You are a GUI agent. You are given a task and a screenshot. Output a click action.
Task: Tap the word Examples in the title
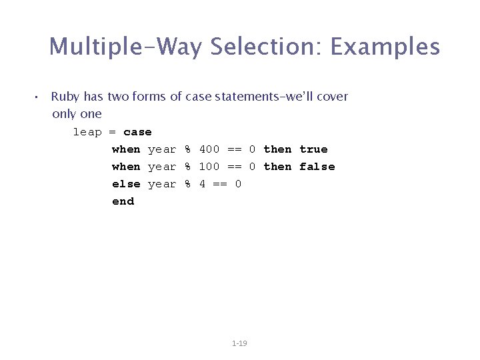pyautogui.click(x=385, y=47)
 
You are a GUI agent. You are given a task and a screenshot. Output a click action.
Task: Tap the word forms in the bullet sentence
pyautogui.click(x=149, y=97)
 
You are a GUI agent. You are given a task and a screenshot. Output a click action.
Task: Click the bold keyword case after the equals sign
pyautogui.click(x=137, y=132)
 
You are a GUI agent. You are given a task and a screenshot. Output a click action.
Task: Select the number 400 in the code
pyautogui.click(x=209, y=149)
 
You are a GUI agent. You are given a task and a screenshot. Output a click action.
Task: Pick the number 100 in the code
pyautogui.click(x=209, y=167)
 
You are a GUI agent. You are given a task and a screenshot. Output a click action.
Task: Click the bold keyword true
pyautogui.click(x=313, y=149)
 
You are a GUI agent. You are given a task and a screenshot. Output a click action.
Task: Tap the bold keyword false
pyautogui.click(x=317, y=167)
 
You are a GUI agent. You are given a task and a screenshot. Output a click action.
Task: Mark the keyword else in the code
pyautogui.click(x=126, y=184)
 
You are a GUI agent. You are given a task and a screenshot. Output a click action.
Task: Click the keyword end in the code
pyautogui.click(x=123, y=201)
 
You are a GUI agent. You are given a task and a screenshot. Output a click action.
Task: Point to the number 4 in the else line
pyautogui.click(x=202, y=184)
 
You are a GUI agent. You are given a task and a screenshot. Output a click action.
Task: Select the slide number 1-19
pyautogui.click(x=239, y=343)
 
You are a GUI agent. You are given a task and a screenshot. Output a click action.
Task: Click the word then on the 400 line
pyautogui.click(x=277, y=149)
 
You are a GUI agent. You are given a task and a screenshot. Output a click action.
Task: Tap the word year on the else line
pyautogui.click(x=162, y=184)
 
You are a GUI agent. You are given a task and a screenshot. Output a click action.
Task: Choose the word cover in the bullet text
pyautogui.click(x=332, y=97)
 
